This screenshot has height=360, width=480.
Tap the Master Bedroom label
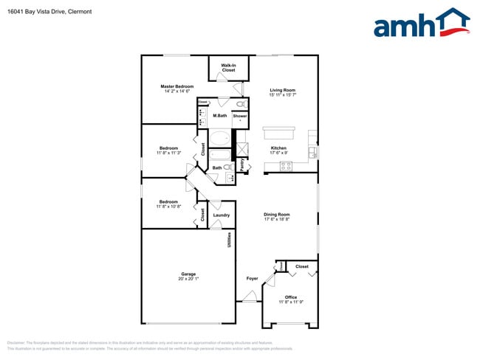coord(176,86)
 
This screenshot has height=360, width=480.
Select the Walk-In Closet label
coord(228,68)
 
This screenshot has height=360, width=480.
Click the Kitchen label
coord(278,148)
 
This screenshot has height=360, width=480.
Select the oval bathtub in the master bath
coord(220,138)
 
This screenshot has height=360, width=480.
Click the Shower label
coord(240,116)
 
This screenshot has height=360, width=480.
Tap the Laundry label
coord(222,215)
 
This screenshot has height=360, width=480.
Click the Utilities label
coord(230,239)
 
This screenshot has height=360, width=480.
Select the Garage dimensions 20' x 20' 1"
coord(188,278)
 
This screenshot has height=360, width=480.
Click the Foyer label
coord(252,278)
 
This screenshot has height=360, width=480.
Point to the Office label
coord(291,297)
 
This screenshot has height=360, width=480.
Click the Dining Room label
coord(277,215)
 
